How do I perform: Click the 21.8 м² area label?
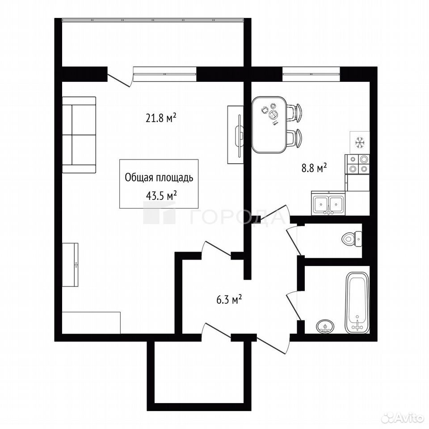(160, 118)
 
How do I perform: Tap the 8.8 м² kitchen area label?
(314, 168)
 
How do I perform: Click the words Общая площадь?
(159, 178)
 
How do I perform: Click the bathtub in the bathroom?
(357, 303)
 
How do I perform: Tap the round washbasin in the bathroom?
(325, 326)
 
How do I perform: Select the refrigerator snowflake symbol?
(359, 143)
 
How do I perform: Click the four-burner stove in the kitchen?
(357, 164)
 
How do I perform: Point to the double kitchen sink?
(328, 203)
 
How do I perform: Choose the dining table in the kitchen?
(269, 125)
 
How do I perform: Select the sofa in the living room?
(79, 135)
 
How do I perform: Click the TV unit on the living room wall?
(236, 135)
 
